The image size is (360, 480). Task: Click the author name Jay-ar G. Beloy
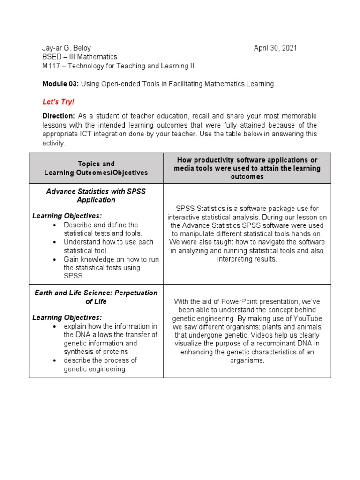67,48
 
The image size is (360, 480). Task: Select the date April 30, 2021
275,48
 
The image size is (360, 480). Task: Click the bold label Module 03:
60,84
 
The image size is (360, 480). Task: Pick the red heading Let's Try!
58,102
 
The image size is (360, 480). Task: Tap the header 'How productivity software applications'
247,159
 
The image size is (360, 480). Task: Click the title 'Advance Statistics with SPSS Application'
96,195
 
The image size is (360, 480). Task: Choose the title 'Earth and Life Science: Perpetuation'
96,297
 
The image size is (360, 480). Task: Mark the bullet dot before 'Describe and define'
55,225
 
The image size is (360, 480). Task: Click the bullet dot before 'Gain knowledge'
55,260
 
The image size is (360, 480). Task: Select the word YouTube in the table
307,318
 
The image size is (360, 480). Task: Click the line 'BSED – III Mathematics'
80,57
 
